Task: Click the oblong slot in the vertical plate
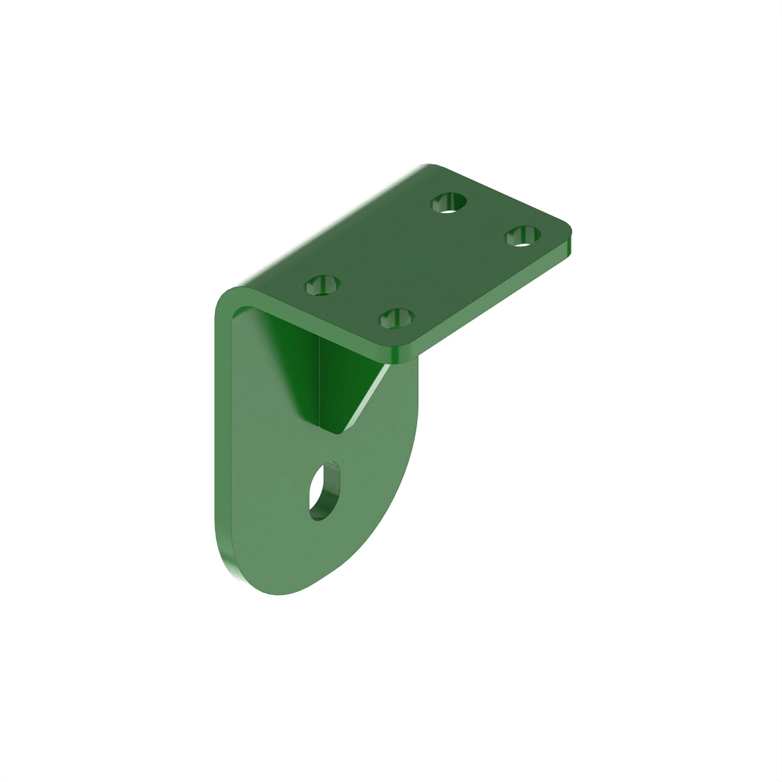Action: coord(324,491)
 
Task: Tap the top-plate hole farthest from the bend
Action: coord(449,202)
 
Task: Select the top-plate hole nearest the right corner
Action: coord(523,235)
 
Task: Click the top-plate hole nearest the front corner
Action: coord(397,319)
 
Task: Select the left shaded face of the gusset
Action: coord(293,365)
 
